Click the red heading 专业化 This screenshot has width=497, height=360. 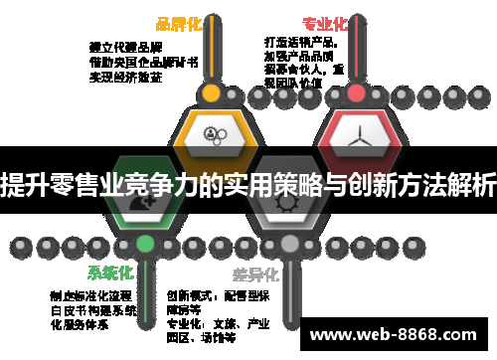click(x=324, y=24)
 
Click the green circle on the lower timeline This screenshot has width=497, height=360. click(x=145, y=243)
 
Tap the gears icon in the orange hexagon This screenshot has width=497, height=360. click(x=211, y=134)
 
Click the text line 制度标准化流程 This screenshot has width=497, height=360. click(x=90, y=295)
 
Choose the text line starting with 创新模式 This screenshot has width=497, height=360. click(x=218, y=295)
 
